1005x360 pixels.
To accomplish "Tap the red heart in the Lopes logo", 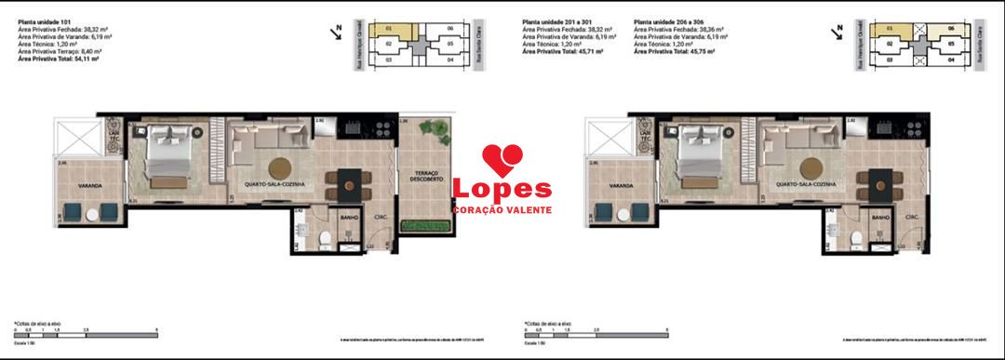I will [502, 159].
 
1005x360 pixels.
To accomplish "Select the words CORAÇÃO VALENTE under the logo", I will [501, 210].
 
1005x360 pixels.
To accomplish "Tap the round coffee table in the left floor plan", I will [281, 168].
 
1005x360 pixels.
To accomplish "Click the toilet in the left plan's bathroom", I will [323, 240].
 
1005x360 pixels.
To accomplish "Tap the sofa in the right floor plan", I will [792, 140].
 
